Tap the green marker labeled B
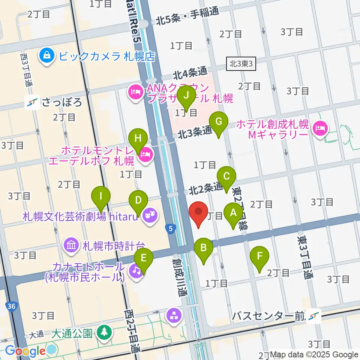click(204, 248)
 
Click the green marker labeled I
click(101, 196)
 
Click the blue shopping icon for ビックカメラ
click(48, 56)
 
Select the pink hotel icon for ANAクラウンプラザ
click(135, 92)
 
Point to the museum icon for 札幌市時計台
click(71, 246)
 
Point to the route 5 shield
click(171, 228)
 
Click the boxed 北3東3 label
click(241, 64)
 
